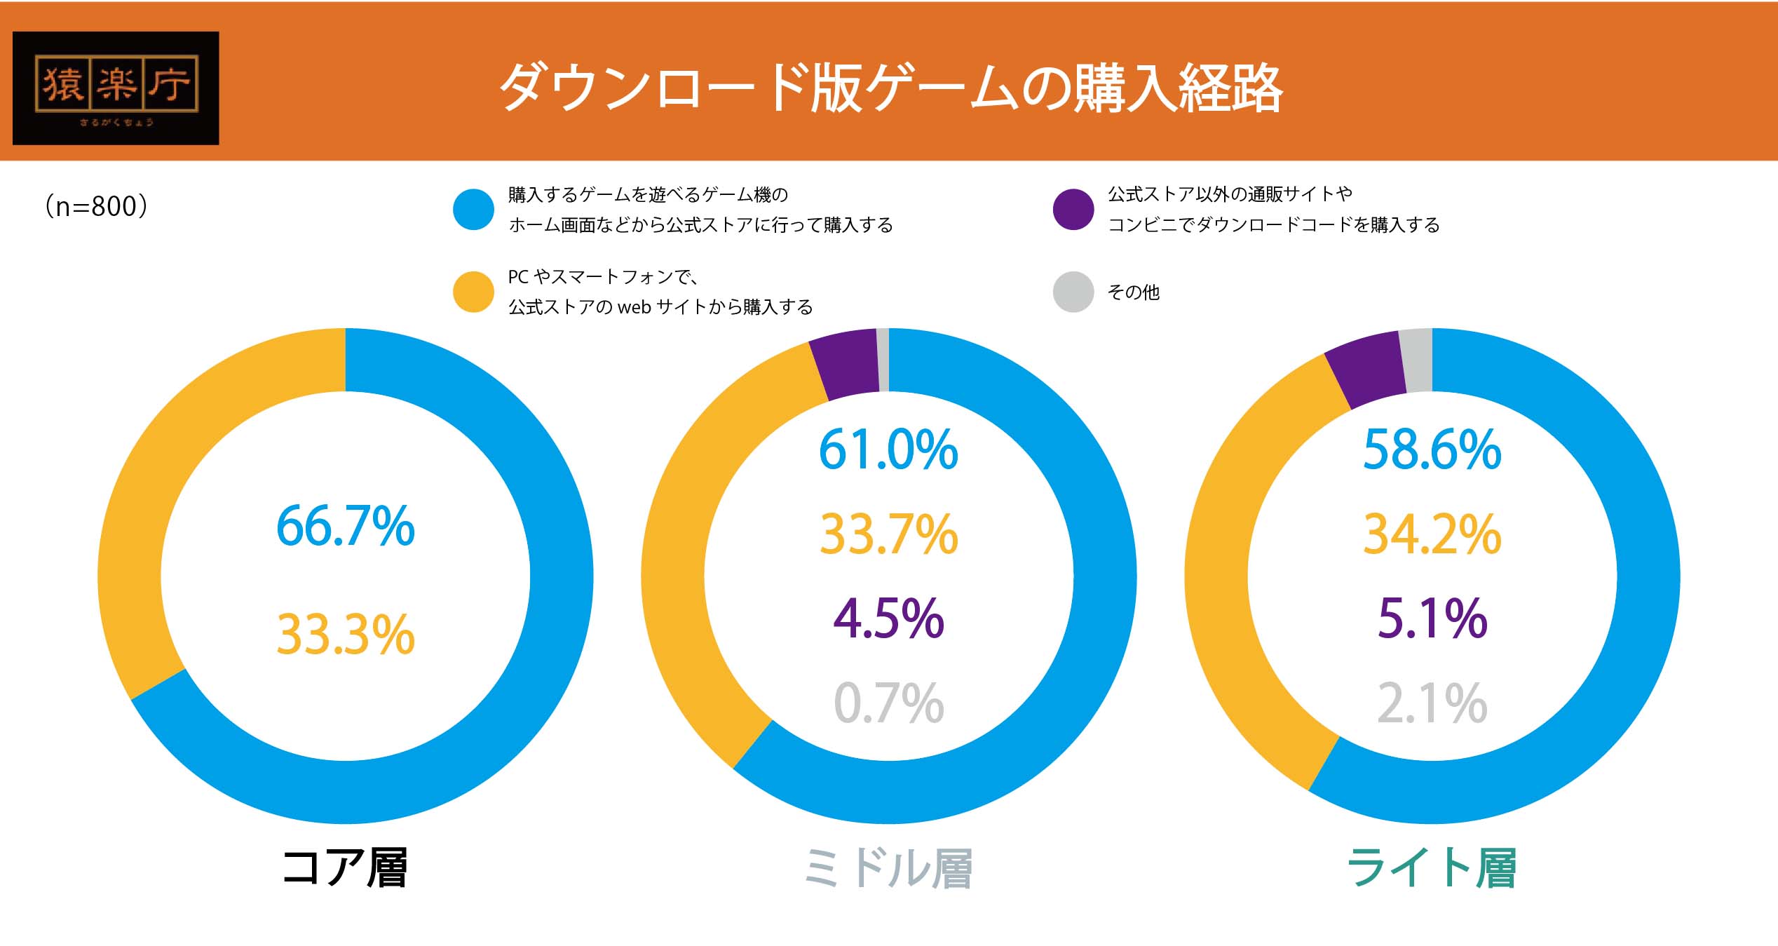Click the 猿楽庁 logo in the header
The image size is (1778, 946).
pos(116,88)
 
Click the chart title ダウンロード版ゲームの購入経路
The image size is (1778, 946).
pos(890,88)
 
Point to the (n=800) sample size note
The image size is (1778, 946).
pos(96,206)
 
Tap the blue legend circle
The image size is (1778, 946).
pos(473,209)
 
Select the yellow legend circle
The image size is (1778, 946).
pos(473,292)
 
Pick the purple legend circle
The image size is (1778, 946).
pos(1073,209)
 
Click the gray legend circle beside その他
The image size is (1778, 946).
pos(1073,292)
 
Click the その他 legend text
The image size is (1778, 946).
pos(1133,292)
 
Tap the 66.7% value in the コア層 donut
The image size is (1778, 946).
pos(346,526)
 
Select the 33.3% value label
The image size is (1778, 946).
pos(346,635)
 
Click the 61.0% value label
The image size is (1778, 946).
pos(888,450)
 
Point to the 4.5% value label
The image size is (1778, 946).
pos(888,619)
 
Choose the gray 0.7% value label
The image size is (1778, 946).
pos(888,703)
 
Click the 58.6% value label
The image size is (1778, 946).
pos(1432,450)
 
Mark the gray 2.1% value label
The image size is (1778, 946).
pos(1432,703)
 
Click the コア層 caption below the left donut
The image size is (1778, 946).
pos(344,868)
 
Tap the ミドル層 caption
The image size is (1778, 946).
pos(888,868)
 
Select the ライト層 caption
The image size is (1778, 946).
pos(1432,868)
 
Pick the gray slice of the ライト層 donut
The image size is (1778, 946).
pos(1418,360)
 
